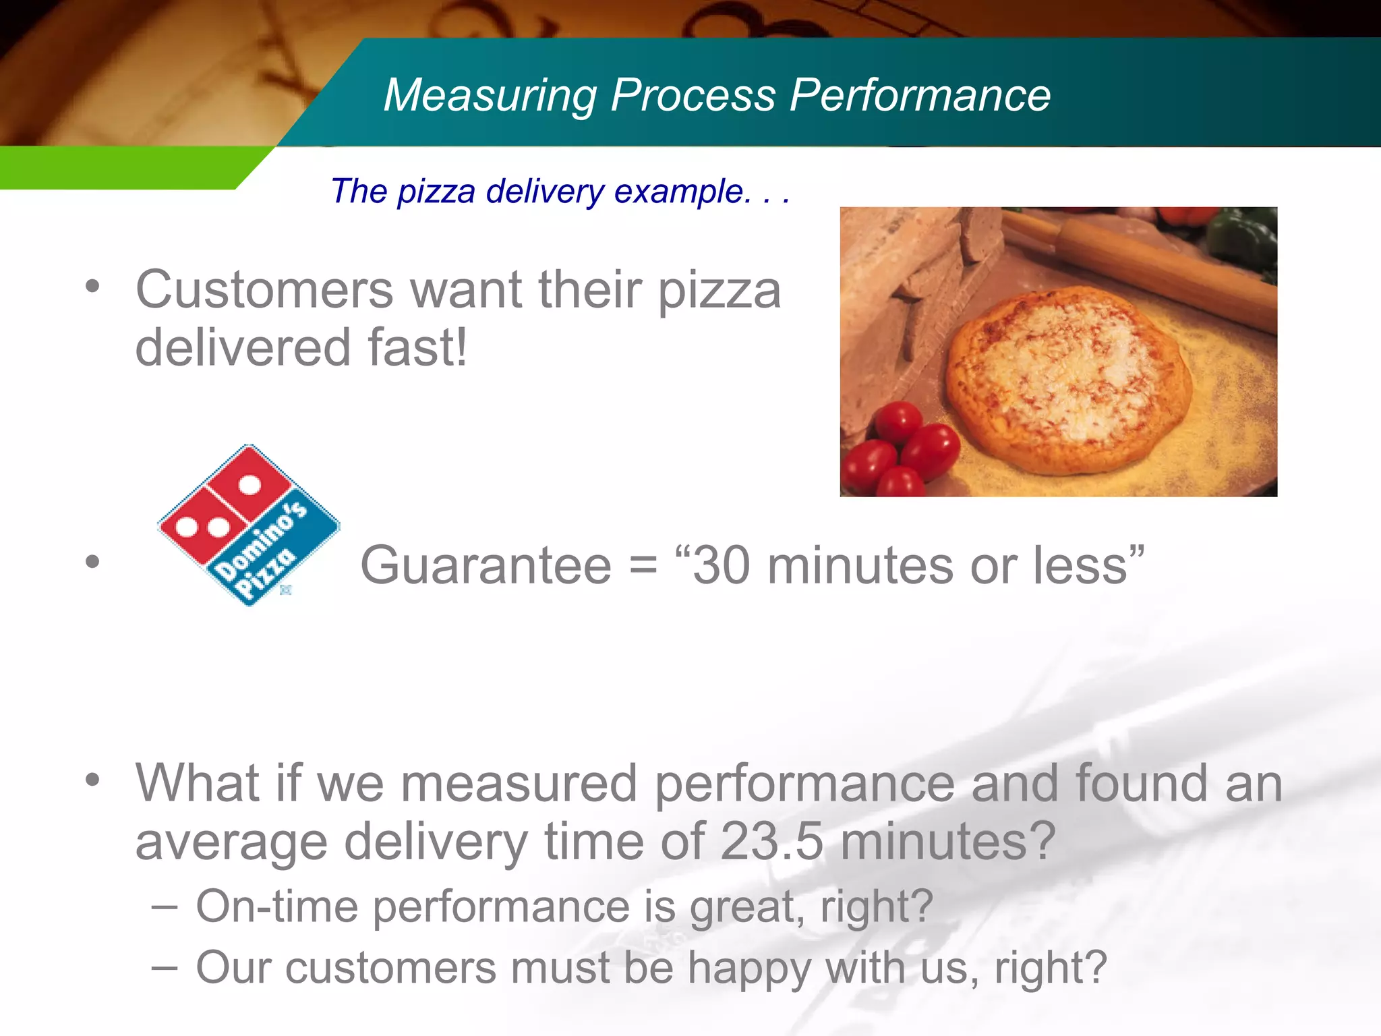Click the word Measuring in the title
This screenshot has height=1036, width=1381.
pos(490,95)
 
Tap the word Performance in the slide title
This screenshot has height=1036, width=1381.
pos(920,95)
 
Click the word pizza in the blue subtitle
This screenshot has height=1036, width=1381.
pos(436,192)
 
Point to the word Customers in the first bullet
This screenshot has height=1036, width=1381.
pos(264,290)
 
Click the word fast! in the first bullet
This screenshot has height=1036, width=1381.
pos(417,348)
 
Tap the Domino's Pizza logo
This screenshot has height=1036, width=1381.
pos(249,525)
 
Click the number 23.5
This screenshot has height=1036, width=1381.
pos(772,842)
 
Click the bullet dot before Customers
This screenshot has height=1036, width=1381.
pos(93,287)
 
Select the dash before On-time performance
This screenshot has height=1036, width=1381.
pos(165,906)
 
